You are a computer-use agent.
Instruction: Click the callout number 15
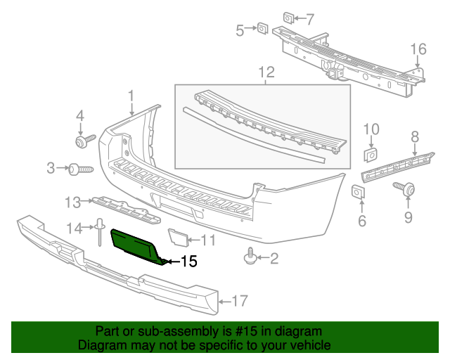click(188, 262)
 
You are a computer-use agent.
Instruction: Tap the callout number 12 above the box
click(266, 72)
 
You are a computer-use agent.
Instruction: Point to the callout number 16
click(418, 49)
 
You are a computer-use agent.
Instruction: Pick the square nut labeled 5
click(262, 28)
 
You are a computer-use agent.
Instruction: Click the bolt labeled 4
click(82, 142)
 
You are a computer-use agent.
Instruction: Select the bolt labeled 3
click(80, 169)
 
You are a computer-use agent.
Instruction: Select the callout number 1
click(131, 95)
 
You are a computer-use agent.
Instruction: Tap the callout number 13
click(74, 202)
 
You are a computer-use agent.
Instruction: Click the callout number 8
click(415, 136)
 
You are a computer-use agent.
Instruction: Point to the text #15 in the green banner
click(255, 331)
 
